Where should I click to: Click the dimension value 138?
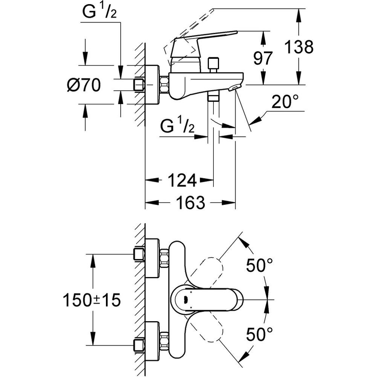point(299,48)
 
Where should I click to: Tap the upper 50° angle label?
point(259,266)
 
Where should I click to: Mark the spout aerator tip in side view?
point(234,88)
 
